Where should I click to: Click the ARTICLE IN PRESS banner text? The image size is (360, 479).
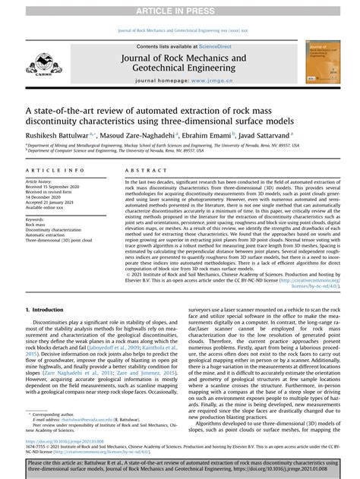180,8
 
